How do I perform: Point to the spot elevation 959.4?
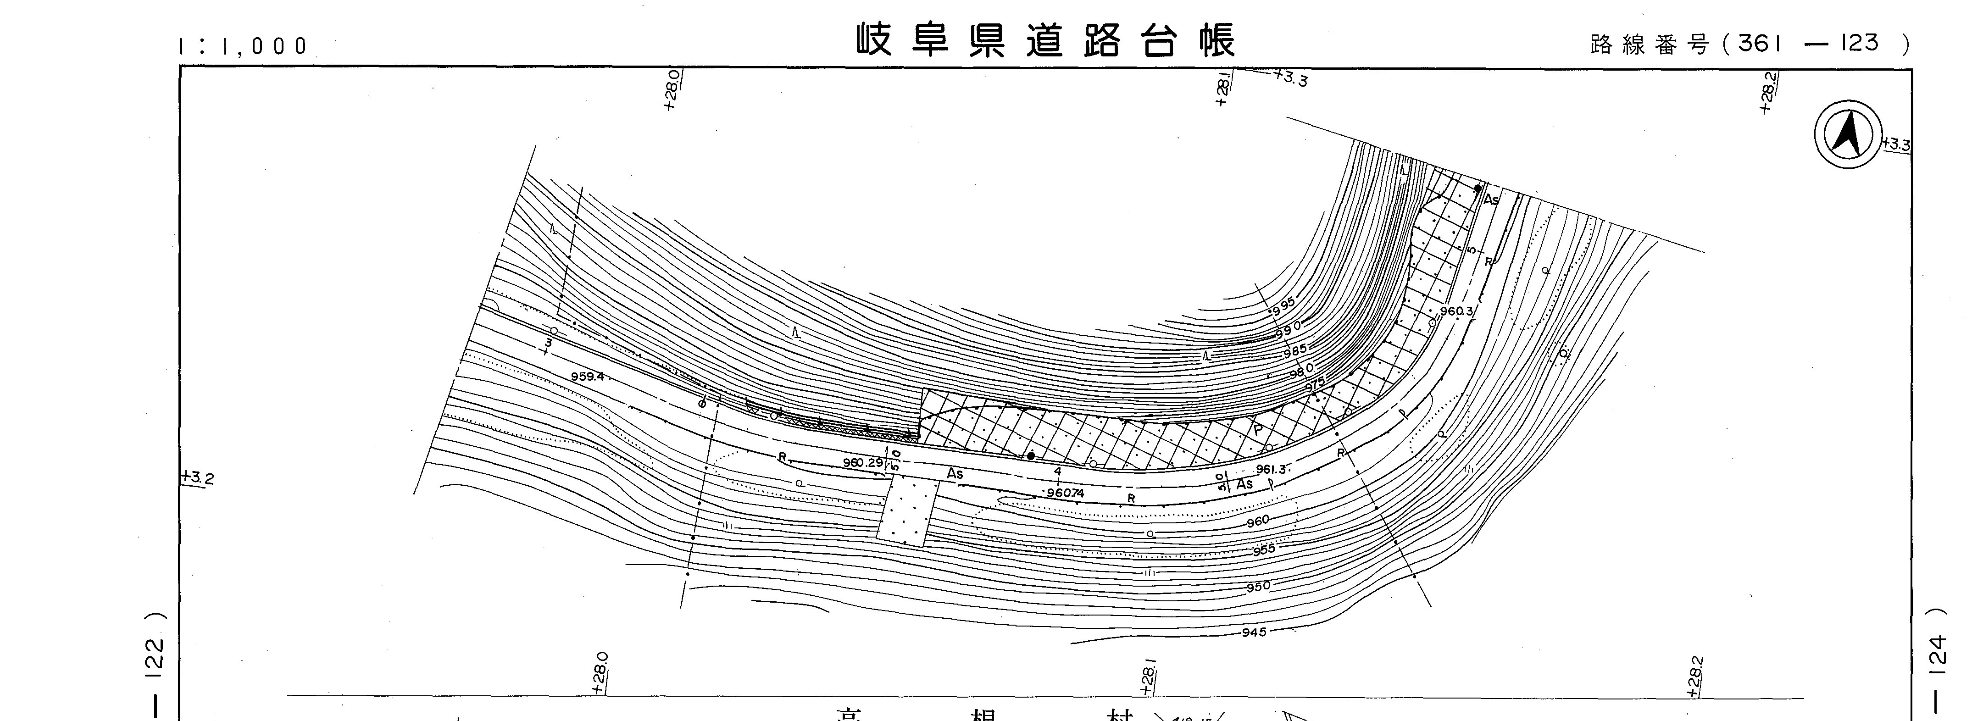(x=588, y=377)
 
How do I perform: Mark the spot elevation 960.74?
(x=1066, y=494)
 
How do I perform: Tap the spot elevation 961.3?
(x=1271, y=469)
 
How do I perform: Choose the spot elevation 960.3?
(x=1456, y=311)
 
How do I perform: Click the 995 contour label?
(x=1284, y=304)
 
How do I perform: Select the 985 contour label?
(x=1294, y=350)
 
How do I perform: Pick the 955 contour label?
(x=1263, y=549)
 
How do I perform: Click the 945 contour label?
(x=1254, y=632)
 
